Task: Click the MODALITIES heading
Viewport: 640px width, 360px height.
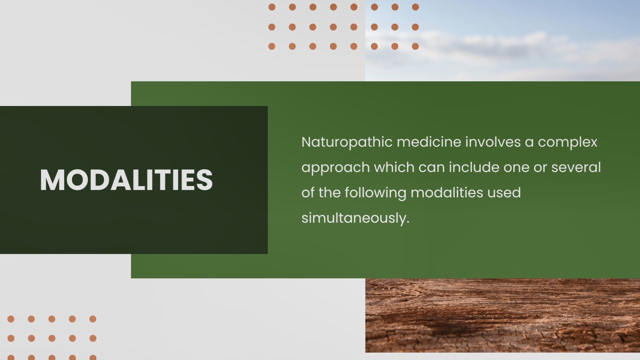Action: point(126,180)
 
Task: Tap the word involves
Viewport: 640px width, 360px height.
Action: point(493,142)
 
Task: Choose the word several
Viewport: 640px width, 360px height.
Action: point(576,167)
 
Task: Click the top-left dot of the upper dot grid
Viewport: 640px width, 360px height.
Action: point(272,7)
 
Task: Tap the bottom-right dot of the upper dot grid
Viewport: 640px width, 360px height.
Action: point(415,46)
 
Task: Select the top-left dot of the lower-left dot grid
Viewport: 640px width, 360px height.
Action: point(11,319)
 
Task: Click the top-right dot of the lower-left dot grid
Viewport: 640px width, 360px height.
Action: point(93,319)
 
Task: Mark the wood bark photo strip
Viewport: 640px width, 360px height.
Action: point(503,315)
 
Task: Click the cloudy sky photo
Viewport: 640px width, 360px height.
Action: point(503,41)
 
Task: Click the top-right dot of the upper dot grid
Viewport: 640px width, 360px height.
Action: point(415,7)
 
